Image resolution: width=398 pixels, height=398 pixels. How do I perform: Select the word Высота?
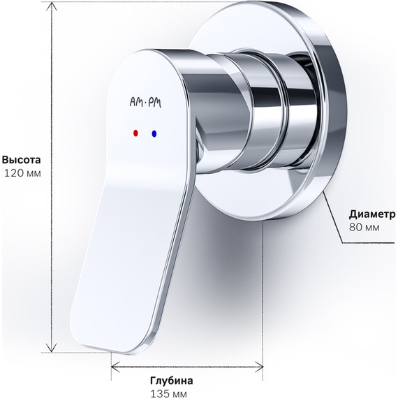point(21,158)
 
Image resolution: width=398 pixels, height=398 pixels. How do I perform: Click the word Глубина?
point(171,381)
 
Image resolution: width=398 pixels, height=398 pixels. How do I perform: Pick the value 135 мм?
point(169,394)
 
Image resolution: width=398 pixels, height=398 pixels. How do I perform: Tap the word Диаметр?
point(370,214)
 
